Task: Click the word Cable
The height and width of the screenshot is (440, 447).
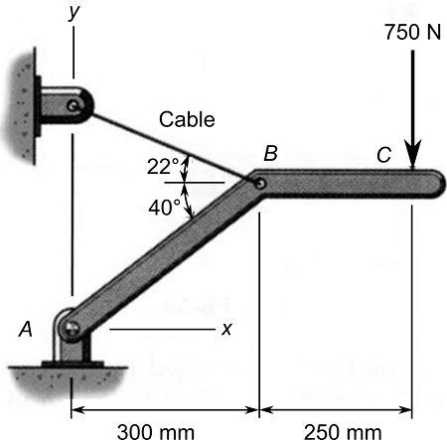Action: (x=188, y=120)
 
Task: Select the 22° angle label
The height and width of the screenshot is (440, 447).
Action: (x=162, y=166)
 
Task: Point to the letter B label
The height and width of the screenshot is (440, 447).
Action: (x=270, y=153)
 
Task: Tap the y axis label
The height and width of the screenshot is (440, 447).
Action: (x=73, y=12)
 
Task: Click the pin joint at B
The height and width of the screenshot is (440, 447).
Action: (x=259, y=183)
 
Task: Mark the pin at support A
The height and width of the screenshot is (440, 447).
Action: (x=72, y=326)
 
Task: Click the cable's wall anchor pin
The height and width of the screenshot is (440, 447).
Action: (x=74, y=104)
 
